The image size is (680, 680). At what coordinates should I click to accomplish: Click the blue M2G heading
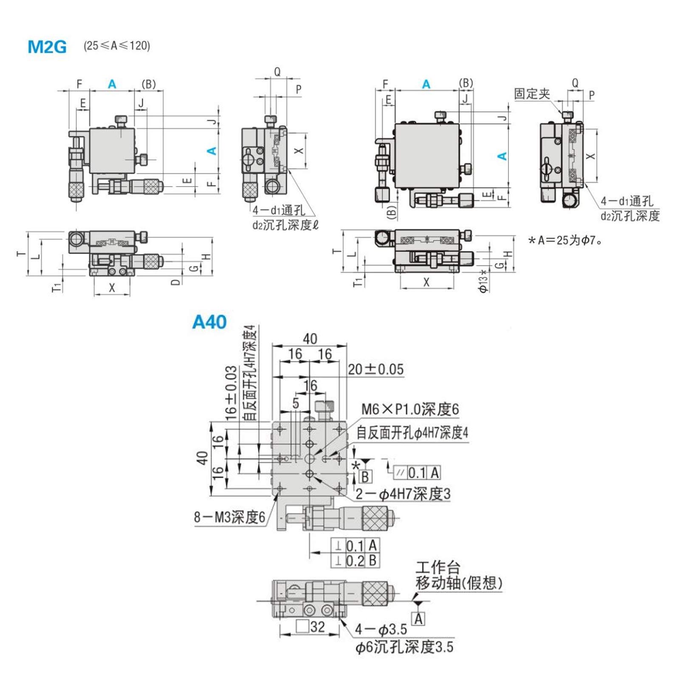(x=47, y=47)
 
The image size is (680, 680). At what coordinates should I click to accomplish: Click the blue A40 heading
(x=209, y=322)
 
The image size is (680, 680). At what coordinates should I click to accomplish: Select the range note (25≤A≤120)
(x=117, y=46)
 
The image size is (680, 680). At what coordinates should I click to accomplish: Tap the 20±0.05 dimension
(x=375, y=369)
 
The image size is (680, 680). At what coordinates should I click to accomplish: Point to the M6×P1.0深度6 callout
(x=410, y=409)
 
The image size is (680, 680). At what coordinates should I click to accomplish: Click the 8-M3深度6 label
(x=229, y=517)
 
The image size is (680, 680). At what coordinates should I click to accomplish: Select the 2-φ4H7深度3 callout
(x=403, y=494)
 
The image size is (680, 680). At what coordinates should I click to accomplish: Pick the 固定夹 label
(x=532, y=93)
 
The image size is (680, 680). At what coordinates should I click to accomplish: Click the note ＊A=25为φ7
(x=565, y=240)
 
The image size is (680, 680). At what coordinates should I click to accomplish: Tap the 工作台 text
(x=437, y=567)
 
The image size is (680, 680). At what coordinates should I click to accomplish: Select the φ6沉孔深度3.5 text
(x=404, y=647)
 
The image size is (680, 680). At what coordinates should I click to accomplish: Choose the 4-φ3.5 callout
(x=381, y=629)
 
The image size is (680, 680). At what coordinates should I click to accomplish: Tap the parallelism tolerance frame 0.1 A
(x=417, y=473)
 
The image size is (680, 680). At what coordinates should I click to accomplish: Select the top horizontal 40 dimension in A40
(x=310, y=339)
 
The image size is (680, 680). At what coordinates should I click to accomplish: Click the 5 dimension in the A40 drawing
(x=296, y=403)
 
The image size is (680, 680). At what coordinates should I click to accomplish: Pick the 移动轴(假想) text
(x=459, y=583)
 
